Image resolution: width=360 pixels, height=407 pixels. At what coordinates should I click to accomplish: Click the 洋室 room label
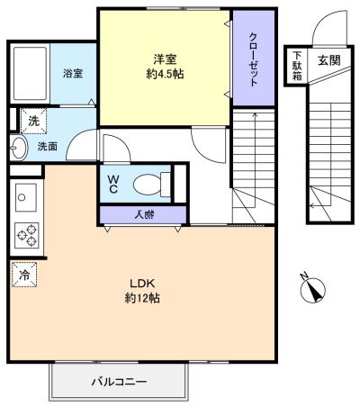(164, 59)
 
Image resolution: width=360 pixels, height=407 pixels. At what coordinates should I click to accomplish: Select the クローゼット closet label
(253, 59)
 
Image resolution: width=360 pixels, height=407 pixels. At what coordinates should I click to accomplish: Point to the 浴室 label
(73, 74)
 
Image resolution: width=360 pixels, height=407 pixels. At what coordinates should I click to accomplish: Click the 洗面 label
(47, 146)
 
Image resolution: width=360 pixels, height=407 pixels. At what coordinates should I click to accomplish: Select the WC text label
(113, 184)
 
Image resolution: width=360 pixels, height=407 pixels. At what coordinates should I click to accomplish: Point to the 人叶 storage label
(142, 214)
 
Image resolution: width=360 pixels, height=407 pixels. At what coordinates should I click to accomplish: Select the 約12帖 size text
(143, 297)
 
